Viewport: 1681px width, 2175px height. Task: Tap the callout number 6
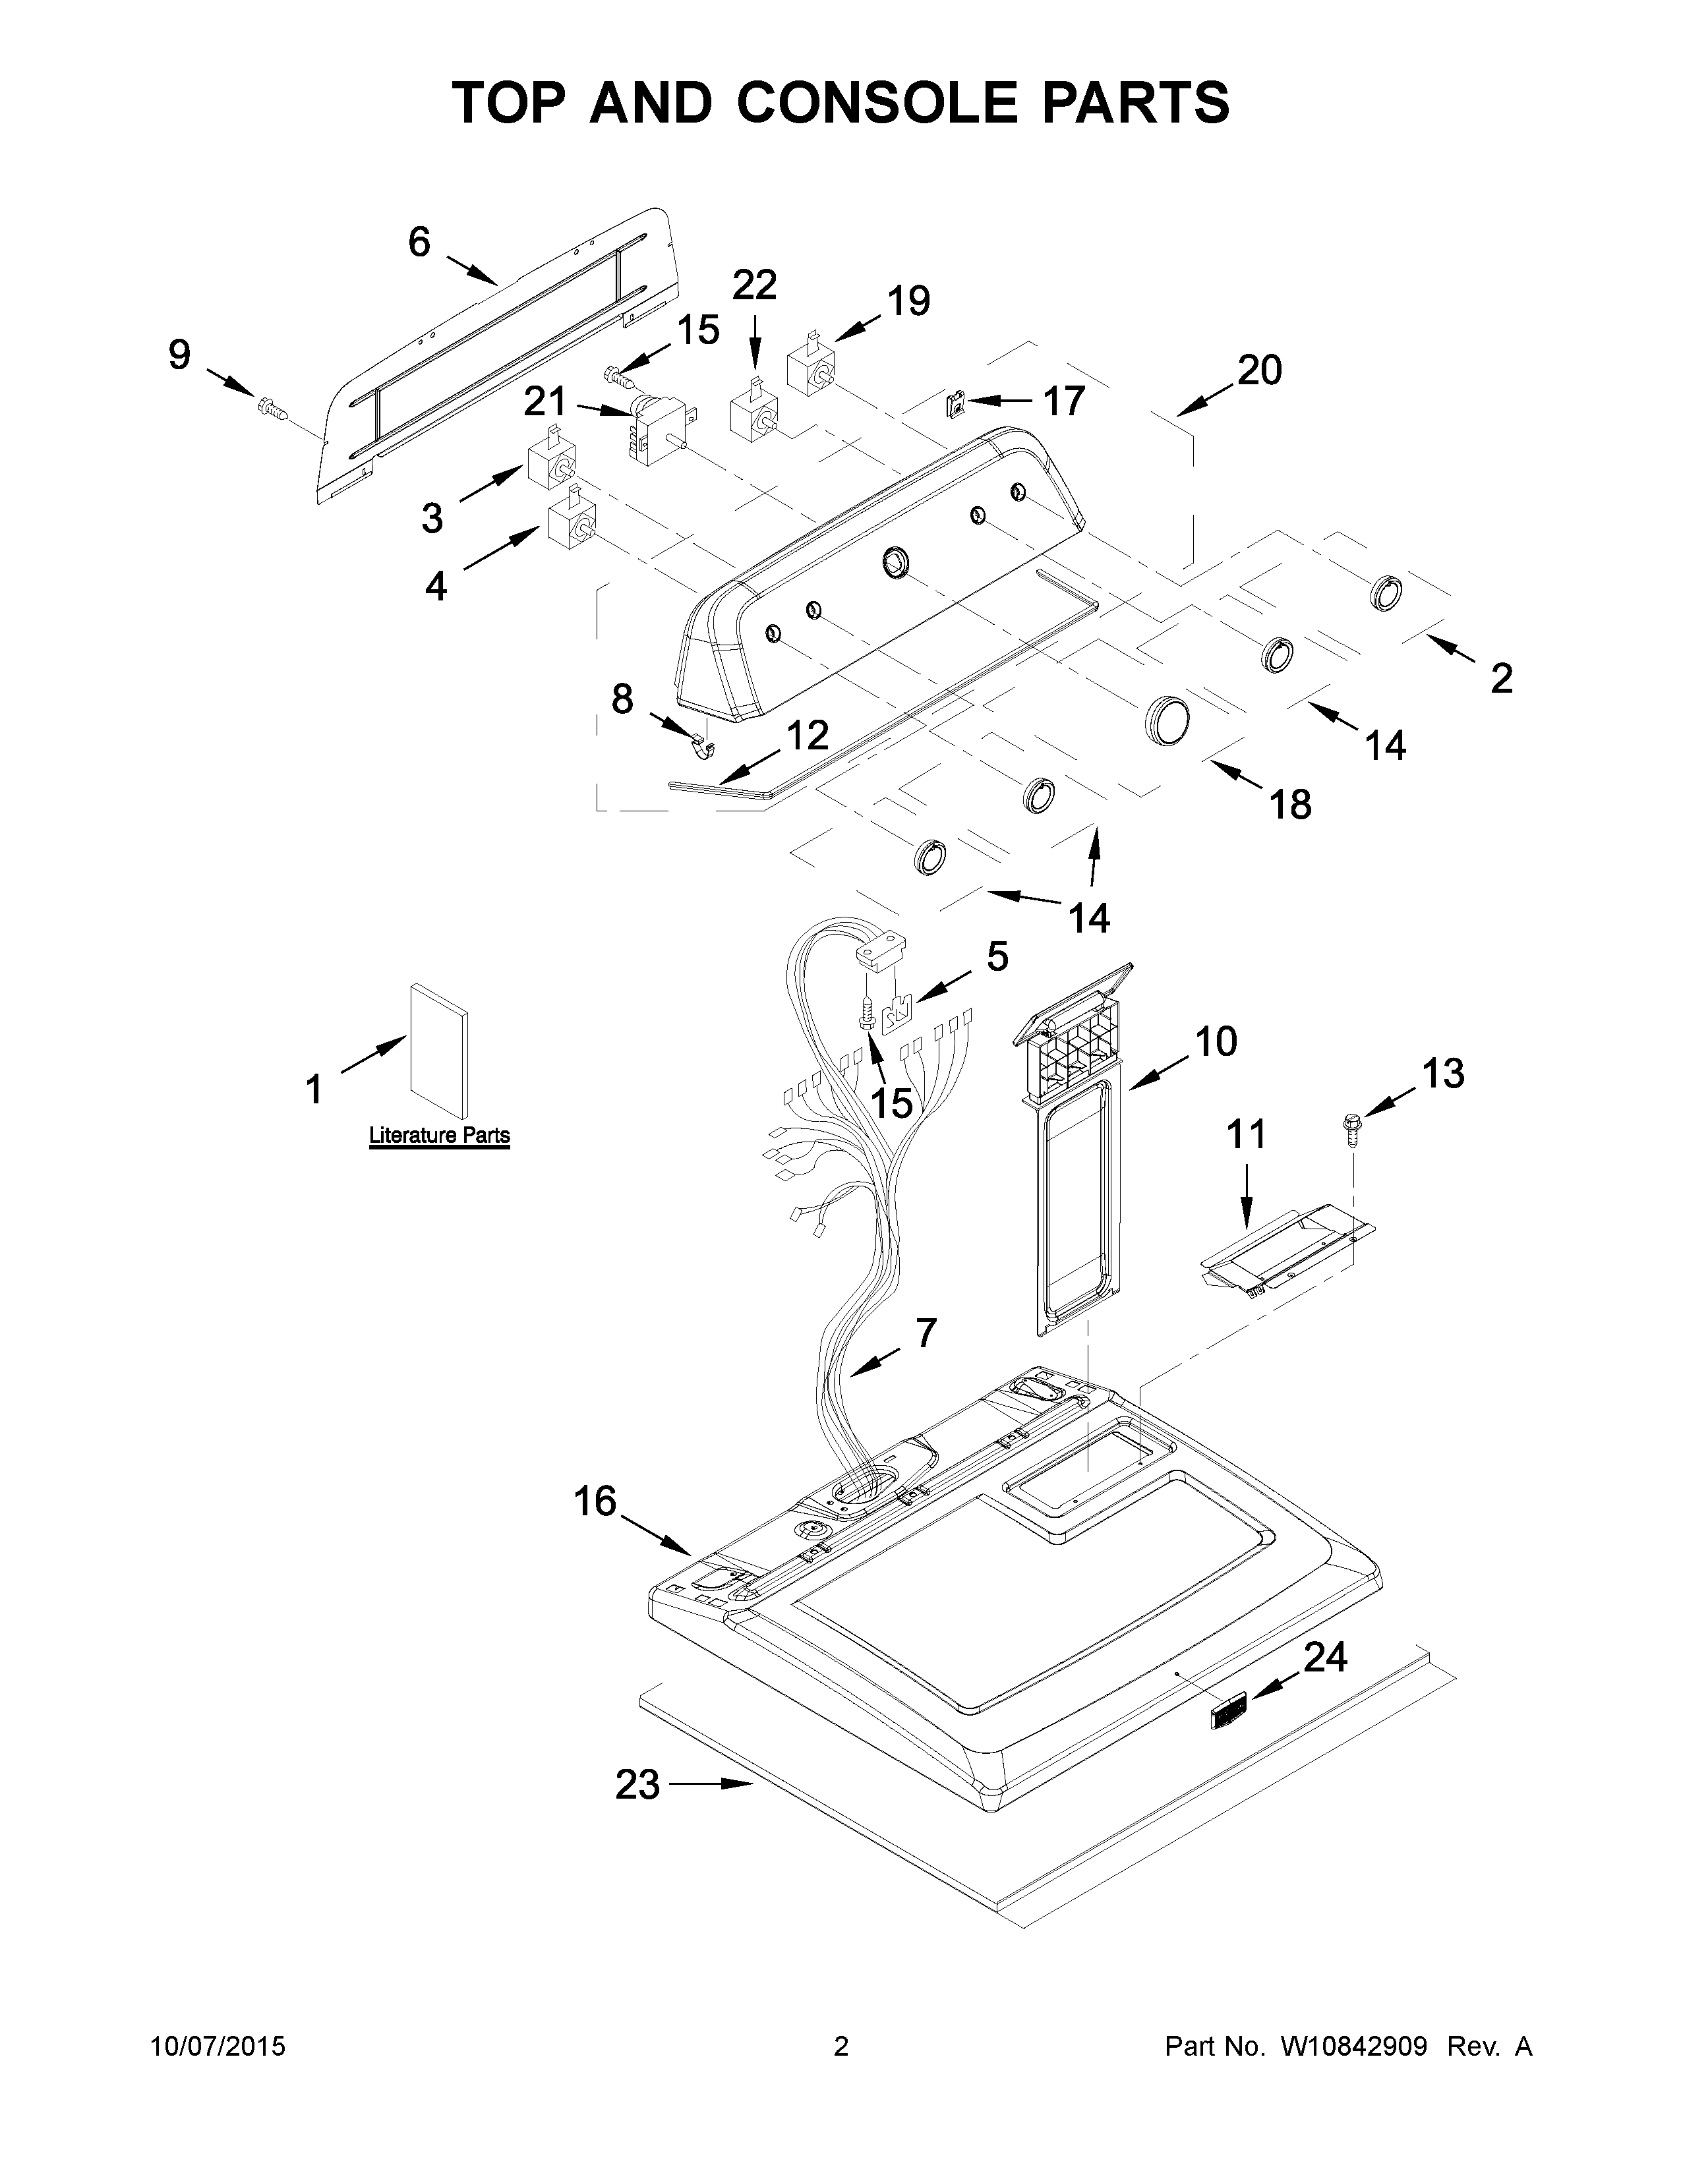tap(419, 242)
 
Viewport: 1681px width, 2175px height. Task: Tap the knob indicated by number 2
tap(1385, 593)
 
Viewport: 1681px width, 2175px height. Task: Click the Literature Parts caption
tap(439, 1136)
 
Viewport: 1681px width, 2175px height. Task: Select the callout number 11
tap(1245, 1134)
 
